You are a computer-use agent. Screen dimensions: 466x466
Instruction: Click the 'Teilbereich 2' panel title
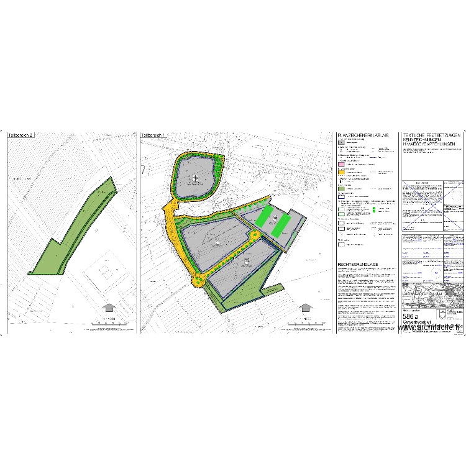tap(21, 135)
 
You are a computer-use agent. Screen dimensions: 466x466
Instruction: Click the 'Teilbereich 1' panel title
tap(155, 135)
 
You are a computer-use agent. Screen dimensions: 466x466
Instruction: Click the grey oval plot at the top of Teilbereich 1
tap(196, 179)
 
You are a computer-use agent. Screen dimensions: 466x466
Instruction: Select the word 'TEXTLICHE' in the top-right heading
tap(415, 135)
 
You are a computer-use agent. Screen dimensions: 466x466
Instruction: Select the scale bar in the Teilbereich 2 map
tap(108, 319)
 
